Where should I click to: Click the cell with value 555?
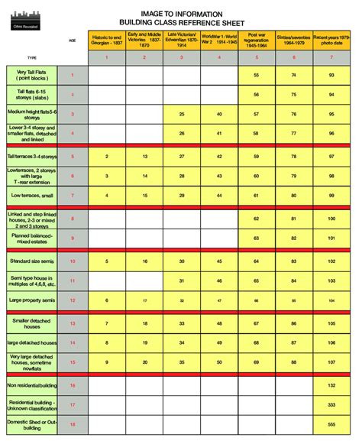(331, 423)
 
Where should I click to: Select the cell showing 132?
(331, 384)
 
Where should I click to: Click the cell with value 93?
(331, 75)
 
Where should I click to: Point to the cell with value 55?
(256, 75)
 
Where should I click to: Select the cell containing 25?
(181, 113)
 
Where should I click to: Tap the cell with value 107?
(331, 360)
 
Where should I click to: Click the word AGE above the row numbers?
(73, 40)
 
